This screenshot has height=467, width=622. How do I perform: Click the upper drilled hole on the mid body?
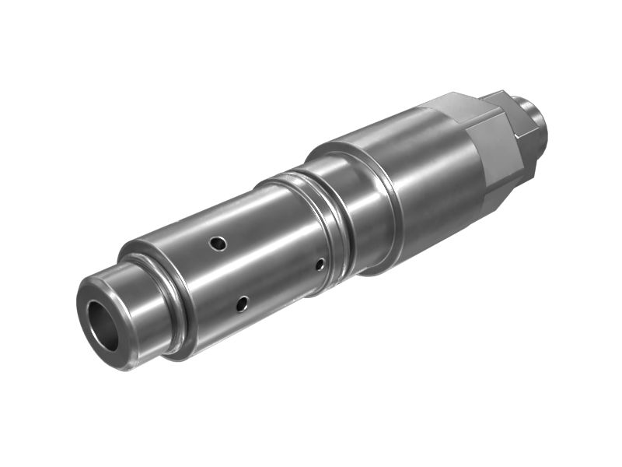220,244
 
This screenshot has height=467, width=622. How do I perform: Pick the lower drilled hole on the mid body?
243,303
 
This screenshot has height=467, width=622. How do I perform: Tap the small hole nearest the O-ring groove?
320,265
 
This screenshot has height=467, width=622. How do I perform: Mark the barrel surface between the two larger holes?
233,272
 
